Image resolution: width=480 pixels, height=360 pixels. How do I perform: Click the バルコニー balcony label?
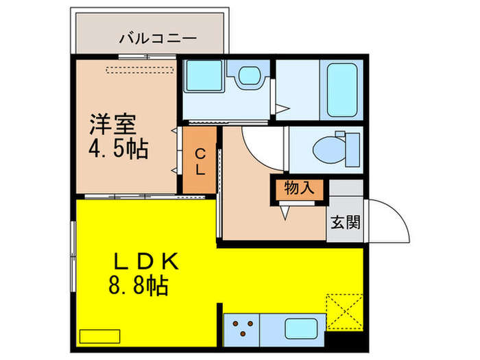click(x=149, y=38)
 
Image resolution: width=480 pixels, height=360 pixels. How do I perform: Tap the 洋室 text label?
click(x=113, y=125)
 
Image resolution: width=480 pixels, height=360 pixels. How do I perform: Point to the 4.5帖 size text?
click(x=119, y=149)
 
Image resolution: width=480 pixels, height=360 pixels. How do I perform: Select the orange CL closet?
click(x=198, y=162)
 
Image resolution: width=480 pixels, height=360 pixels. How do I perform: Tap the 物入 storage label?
click(x=299, y=188)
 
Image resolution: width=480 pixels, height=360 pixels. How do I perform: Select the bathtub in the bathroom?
click(x=341, y=90)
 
